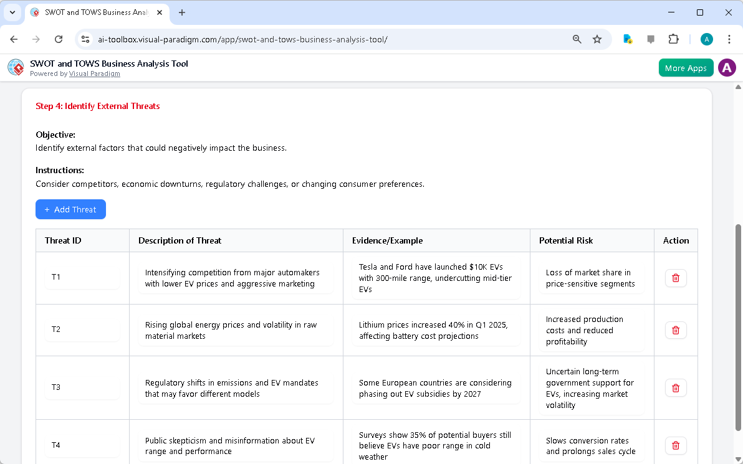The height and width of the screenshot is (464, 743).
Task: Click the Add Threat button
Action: pyautogui.click(x=70, y=209)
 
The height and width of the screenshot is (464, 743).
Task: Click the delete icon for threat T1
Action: pyautogui.click(x=676, y=278)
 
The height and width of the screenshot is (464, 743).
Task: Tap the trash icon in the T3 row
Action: pyautogui.click(x=676, y=388)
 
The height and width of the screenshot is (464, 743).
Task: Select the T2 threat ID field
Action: pyautogui.click(x=82, y=329)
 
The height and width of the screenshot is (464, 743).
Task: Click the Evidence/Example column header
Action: pyautogui.click(x=387, y=240)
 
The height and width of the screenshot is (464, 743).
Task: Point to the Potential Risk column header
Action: pyautogui.click(x=566, y=240)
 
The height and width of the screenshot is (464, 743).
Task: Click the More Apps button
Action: pyautogui.click(x=685, y=68)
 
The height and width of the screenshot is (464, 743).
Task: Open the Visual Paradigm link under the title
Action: pyautogui.click(x=94, y=73)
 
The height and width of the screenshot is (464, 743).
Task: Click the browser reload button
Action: pyautogui.click(x=59, y=39)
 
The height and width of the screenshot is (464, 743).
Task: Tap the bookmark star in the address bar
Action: pyautogui.click(x=597, y=39)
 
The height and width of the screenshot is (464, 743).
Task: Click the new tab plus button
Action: pyautogui.click(x=182, y=12)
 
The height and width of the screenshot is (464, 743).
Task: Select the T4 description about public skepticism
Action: pyautogui.click(x=236, y=446)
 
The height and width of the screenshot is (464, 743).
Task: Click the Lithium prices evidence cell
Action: pyautogui.click(x=436, y=330)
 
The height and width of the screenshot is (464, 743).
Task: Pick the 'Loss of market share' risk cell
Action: pyautogui.click(x=590, y=278)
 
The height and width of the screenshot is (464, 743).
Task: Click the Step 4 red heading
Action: pyautogui.click(x=98, y=106)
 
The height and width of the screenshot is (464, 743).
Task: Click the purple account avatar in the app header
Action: pyautogui.click(x=727, y=68)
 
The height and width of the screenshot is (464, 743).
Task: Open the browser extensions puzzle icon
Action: pyautogui.click(x=673, y=39)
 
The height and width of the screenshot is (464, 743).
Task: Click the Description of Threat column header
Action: pyautogui.click(x=180, y=240)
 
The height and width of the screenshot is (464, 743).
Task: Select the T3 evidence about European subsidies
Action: pyautogui.click(x=436, y=388)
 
